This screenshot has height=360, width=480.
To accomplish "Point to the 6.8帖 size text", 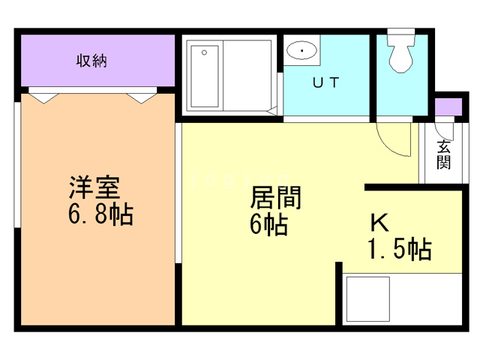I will [100, 215].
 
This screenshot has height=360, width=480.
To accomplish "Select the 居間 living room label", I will [274, 198].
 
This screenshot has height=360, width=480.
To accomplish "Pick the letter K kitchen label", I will [379, 223].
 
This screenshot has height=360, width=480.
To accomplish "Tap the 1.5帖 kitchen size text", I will [399, 249].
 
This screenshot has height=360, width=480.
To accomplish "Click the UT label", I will [326, 83].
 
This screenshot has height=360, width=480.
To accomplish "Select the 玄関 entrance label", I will [444, 154].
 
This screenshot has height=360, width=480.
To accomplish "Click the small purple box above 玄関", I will [448, 106].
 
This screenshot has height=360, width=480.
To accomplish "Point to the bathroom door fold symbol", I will [272, 112].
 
